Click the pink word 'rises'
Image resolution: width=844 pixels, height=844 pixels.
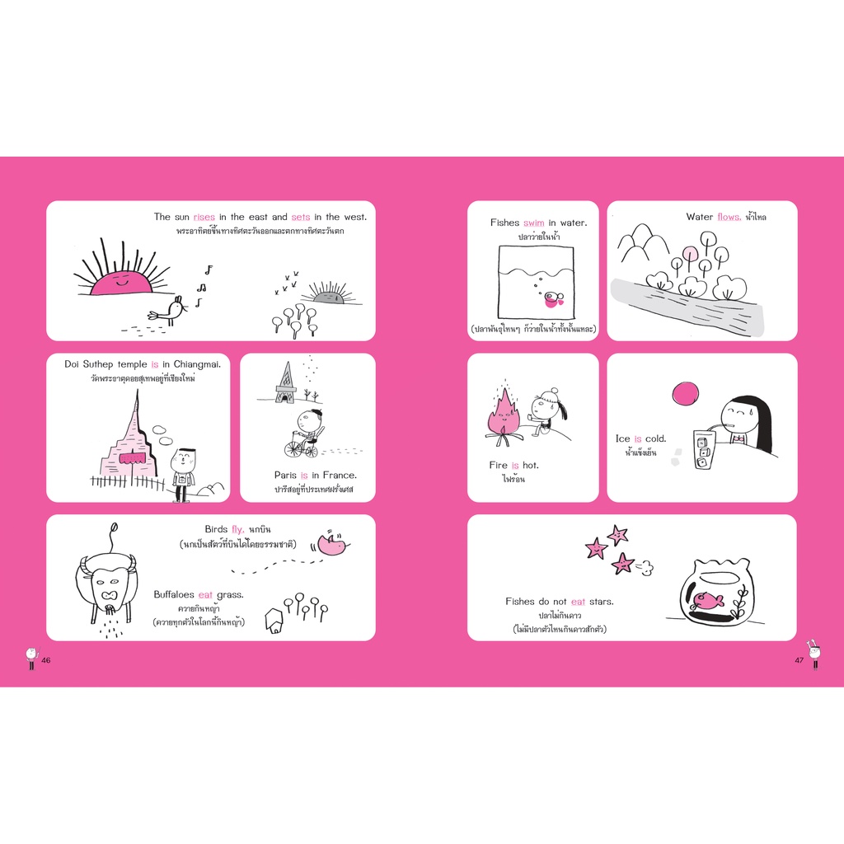204,217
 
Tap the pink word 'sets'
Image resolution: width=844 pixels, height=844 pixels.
300,217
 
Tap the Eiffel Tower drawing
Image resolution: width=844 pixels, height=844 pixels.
285,382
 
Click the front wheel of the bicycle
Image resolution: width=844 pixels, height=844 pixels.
293,448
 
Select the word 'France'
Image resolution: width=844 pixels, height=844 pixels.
339,476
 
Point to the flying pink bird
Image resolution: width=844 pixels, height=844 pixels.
333,544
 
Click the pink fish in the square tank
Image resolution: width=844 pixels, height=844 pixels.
553,298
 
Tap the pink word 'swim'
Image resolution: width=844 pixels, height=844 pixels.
533,223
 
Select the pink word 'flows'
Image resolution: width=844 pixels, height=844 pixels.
729,217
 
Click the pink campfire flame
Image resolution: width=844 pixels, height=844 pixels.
504,415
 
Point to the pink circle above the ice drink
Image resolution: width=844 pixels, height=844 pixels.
685,393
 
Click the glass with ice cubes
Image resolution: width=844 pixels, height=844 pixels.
705,450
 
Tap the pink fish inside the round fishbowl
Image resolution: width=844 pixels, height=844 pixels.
708,600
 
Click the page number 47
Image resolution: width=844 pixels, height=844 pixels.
799,660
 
